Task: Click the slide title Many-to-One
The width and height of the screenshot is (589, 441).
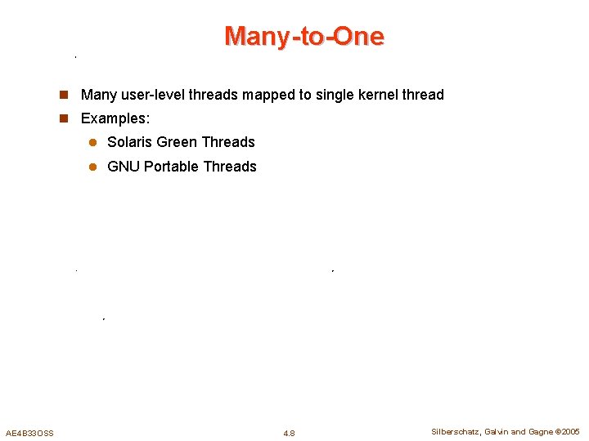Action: pos(303,37)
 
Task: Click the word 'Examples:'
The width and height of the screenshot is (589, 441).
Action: pos(115,118)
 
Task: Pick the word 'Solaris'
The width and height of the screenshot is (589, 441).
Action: pos(129,142)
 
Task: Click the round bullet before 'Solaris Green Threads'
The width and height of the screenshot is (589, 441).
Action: pos(92,142)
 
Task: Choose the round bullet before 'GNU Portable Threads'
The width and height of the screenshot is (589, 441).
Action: pos(92,167)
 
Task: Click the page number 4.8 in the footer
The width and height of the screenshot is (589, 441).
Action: pos(289,433)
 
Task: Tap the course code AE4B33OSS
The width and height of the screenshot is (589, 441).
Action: pos(29,433)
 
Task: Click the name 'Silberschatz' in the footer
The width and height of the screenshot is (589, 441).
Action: pos(456,432)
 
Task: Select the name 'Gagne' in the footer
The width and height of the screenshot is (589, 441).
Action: pos(540,432)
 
